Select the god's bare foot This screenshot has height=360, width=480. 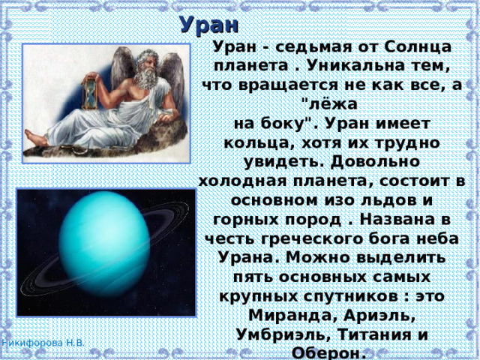(x=35, y=138)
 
